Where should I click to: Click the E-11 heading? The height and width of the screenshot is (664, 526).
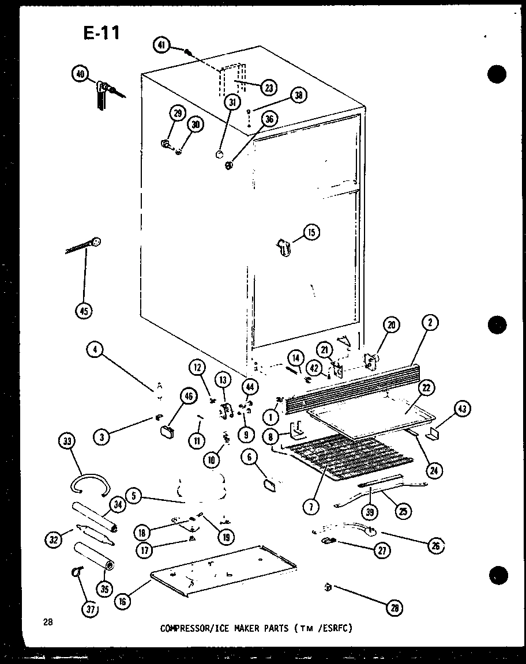tap(102, 33)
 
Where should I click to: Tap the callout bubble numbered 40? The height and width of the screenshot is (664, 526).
tap(80, 74)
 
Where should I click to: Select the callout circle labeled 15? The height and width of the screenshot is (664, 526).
tap(311, 233)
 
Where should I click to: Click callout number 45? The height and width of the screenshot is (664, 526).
tap(84, 311)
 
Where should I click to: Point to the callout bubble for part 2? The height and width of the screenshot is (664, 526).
tap(430, 324)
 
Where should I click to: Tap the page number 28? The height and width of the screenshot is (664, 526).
tap(47, 622)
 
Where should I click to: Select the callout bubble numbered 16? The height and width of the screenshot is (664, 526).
tap(122, 602)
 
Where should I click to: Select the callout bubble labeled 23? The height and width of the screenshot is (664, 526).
tap(268, 88)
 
